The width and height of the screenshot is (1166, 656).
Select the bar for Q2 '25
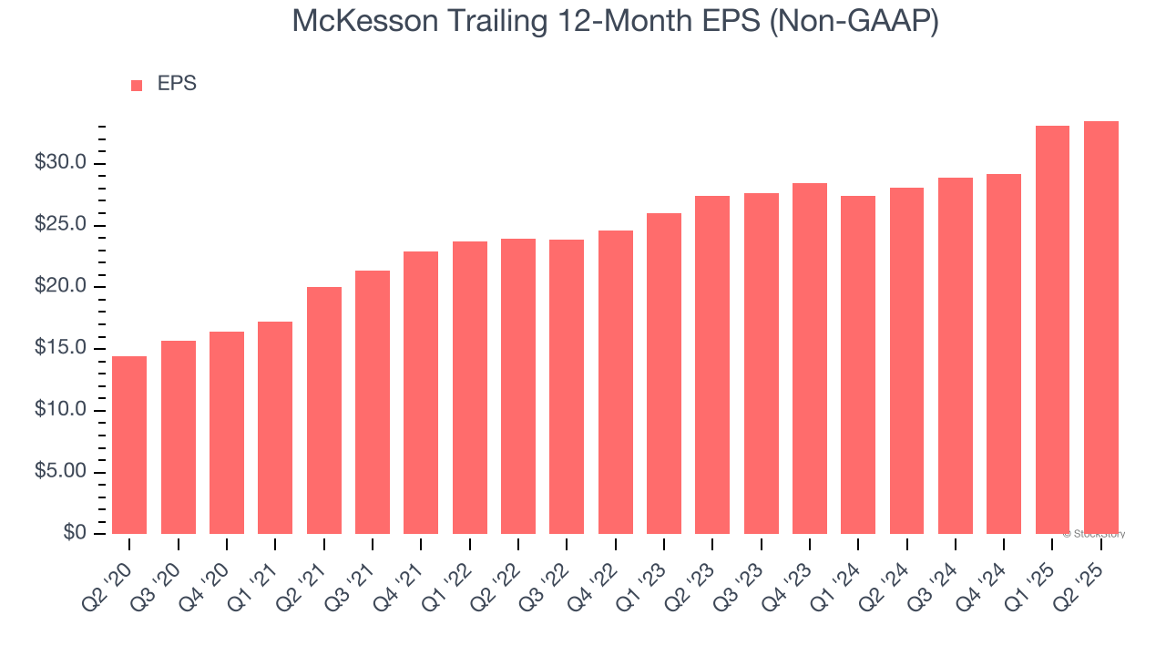[x=1101, y=327]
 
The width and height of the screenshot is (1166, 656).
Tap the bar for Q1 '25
[x=1052, y=330]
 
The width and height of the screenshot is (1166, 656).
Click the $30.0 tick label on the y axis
[x=60, y=163]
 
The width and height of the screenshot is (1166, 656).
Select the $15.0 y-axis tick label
[x=60, y=348]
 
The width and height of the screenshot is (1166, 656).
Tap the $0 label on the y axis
[x=75, y=533]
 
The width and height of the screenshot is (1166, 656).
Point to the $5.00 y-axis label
[x=60, y=471]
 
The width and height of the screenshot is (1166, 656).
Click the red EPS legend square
[x=137, y=85]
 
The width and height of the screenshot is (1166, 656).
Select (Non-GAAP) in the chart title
[x=854, y=21]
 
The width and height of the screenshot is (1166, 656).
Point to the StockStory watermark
[x=1094, y=534]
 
